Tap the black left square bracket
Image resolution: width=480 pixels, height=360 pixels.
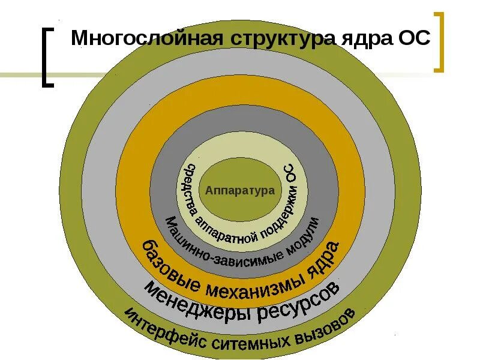(x=47, y=57)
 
